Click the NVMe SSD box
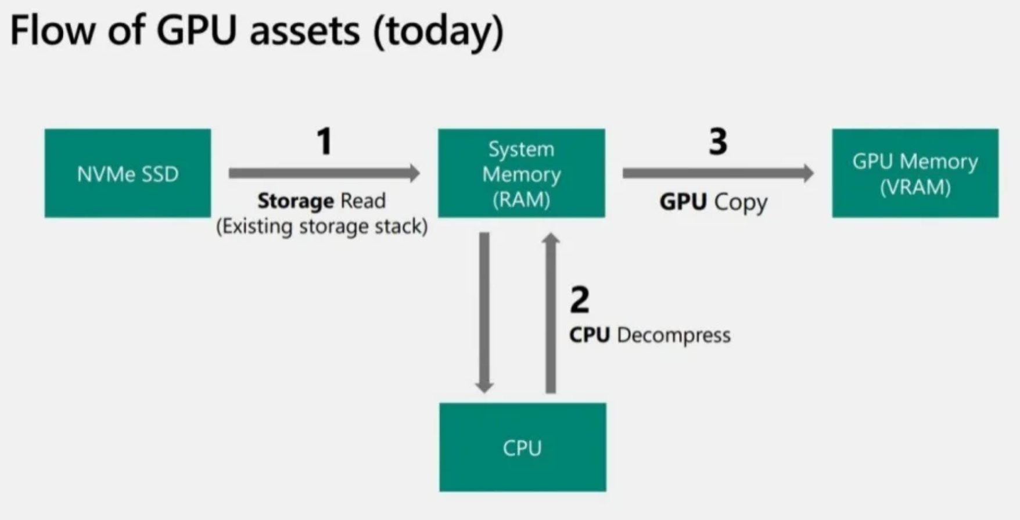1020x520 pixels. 128,173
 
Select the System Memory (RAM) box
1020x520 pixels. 521,173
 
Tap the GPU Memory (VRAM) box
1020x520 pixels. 915,173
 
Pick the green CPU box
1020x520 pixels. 522,447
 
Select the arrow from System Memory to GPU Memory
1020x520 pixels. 718,173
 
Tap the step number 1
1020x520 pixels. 324,141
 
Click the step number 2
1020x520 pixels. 579,300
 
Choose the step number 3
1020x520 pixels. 718,141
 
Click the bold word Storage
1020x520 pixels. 296,201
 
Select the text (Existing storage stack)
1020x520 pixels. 322,226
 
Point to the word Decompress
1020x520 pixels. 674,335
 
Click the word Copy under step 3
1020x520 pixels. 741,202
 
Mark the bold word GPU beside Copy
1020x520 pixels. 683,202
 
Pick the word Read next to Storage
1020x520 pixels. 363,201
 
